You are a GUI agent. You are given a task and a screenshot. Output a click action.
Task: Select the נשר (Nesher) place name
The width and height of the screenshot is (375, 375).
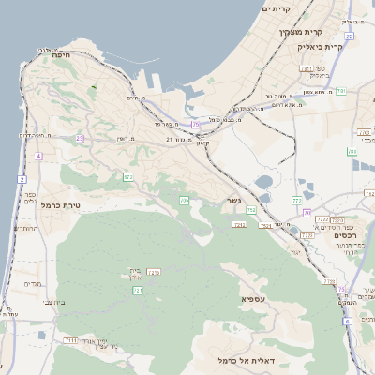pyautogui.click(x=231, y=200)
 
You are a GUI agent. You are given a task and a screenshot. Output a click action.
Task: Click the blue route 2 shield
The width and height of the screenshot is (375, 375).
pyautogui.click(x=22, y=178)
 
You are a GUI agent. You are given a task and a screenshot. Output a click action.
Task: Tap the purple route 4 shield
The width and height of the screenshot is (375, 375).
pyautogui.click(x=38, y=156)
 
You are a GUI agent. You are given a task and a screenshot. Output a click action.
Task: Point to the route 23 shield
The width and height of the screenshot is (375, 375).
pyautogui.click(x=81, y=138)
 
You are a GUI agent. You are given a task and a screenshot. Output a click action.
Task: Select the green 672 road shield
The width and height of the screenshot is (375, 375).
pyautogui.click(x=127, y=176)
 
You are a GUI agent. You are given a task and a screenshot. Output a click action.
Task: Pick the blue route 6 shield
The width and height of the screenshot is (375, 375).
pyautogui.click(x=346, y=321)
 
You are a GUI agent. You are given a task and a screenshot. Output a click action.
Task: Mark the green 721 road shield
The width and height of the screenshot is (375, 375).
pyautogui.click(x=138, y=291)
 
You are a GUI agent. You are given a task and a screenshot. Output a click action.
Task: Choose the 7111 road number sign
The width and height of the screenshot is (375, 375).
pyautogui.click(x=71, y=338)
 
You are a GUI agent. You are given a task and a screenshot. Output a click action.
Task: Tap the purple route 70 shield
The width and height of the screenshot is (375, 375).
pyautogui.click(x=306, y=213)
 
